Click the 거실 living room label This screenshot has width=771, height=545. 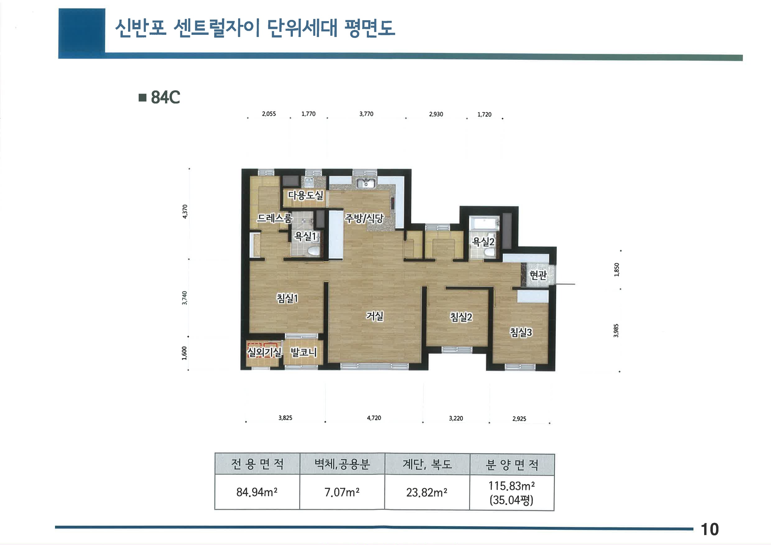click(374, 316)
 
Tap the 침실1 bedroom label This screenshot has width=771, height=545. click(287, 298)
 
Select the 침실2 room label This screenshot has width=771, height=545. click(461, 317)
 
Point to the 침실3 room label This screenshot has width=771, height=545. click(521, 332)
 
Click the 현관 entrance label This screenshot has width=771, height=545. click(538, 275)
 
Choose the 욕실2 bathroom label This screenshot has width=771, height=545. click(483, 242)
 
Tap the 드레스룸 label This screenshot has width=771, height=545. click(274, 218)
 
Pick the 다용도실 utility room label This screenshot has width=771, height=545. click(305, 195)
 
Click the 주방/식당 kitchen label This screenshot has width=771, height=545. click(364, 219)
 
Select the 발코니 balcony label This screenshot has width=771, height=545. click(303, 352)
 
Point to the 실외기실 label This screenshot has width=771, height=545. click(264, 352)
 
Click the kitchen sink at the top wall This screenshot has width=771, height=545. click(366, 184)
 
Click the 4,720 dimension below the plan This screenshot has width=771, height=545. click(374, 418)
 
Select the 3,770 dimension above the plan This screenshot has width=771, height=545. click(366, 114)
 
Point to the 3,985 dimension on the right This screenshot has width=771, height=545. click(616, 330)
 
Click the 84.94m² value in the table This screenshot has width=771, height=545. click(257, 492)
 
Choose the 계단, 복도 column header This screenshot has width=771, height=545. click(427, 464)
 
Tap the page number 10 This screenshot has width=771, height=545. click(709, 529)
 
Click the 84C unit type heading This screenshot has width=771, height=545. click(165, 97)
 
